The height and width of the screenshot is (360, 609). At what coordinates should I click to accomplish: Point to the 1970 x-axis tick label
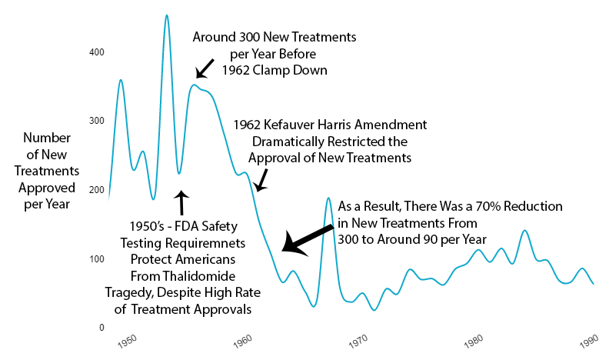358,338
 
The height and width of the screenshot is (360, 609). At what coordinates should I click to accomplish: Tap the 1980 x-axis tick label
474,338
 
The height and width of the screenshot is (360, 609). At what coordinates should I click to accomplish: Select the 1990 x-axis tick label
589,338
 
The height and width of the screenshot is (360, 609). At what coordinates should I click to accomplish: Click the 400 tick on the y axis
97,52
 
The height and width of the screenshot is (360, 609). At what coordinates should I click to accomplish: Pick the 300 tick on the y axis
97,121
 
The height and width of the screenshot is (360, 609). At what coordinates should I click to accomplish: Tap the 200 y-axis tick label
97,189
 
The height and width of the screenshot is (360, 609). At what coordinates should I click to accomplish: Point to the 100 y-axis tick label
97,258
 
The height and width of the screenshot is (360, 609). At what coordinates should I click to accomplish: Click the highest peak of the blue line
166,15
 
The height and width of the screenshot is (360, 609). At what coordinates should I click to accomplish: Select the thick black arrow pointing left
308,237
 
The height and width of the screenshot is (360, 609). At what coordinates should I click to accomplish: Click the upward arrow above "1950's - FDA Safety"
181,203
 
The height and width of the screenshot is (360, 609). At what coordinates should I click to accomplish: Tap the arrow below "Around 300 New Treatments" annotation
205,68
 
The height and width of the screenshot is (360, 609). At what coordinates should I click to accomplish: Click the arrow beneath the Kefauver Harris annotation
261,180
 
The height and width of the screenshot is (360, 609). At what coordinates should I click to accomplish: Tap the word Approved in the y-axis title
48,188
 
